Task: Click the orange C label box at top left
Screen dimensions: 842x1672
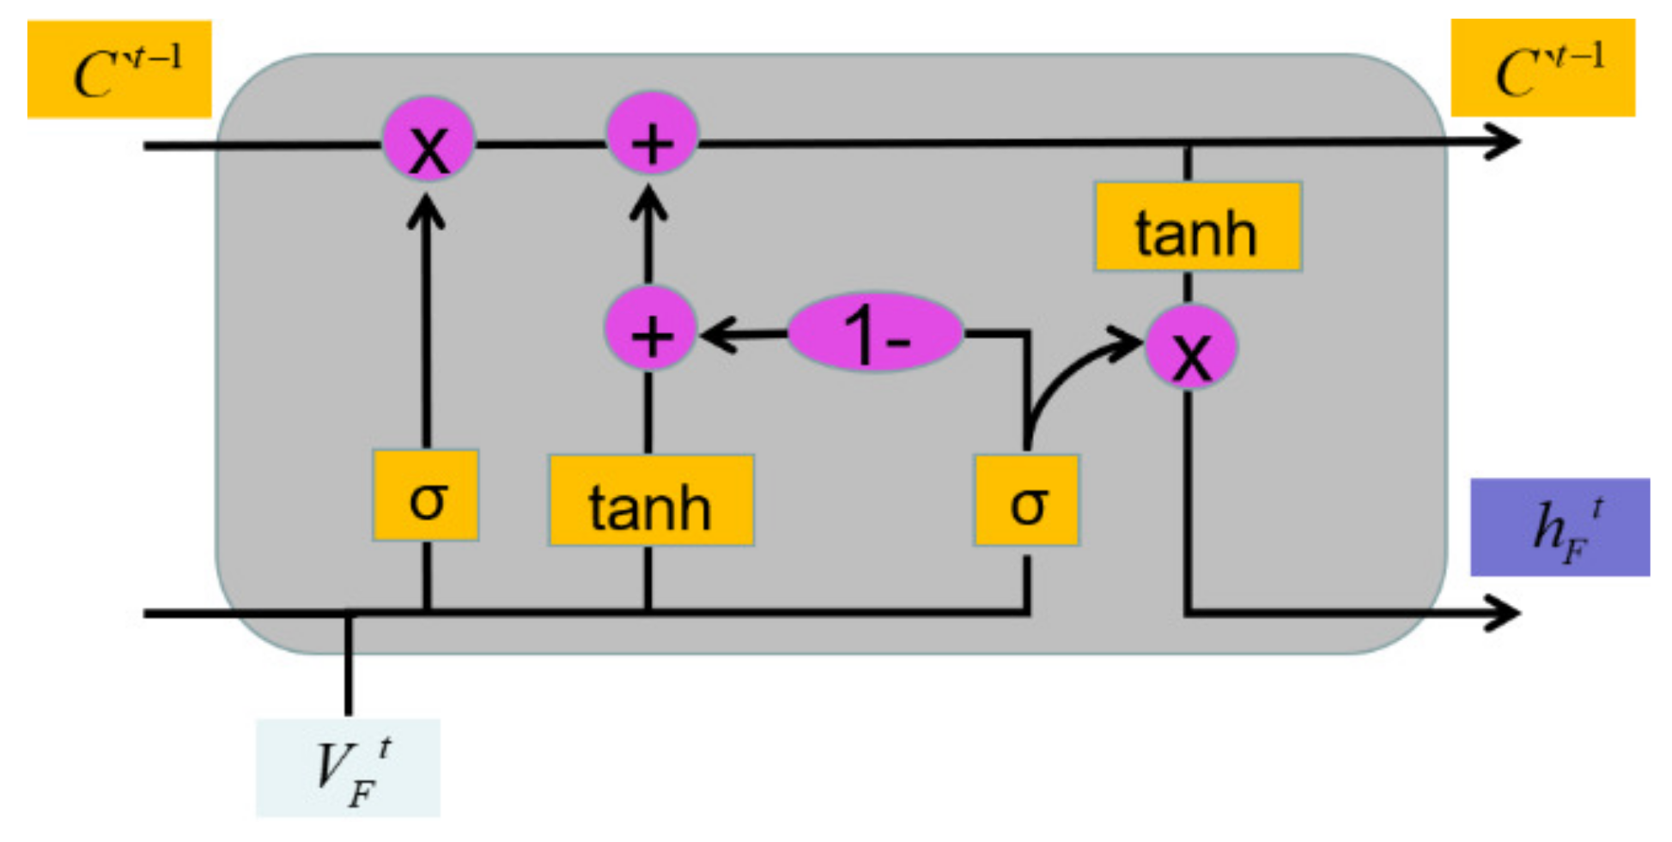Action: tap(119, 70)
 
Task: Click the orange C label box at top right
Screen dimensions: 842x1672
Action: tap(1542, 68)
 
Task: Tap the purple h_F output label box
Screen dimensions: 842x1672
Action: tap(1560, 527)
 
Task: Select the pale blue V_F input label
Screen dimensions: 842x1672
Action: tap(348, 767)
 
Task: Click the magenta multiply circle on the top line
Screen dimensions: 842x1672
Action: tap(428, 141)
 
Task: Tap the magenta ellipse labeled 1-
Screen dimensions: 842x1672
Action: tap(875, 331)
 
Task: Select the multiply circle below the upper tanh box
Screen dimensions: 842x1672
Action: tap(1190, 348)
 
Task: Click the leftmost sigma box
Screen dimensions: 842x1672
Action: tap(426, 495)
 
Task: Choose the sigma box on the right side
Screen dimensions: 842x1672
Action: tap(1026, 501)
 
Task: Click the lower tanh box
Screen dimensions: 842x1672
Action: tap(651, 501)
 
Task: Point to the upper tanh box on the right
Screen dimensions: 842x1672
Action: tap(1197, 227)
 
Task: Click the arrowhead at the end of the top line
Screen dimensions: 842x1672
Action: tap(1503, 142)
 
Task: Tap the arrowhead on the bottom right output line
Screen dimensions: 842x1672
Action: tap(1503, 613)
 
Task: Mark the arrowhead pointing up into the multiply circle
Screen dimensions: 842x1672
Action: tap(426, 210)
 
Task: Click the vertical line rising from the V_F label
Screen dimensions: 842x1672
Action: tap(348, 665)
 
